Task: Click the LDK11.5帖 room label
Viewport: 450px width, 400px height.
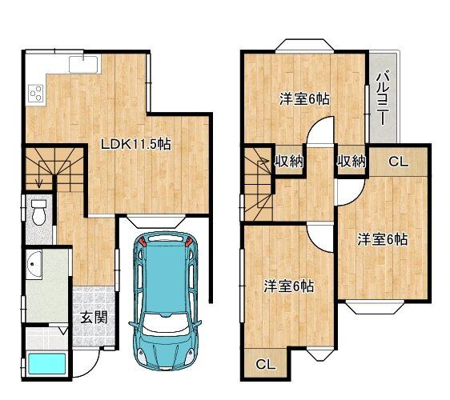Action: (x=136, y=144)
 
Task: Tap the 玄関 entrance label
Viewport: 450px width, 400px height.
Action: (x=94, y=318)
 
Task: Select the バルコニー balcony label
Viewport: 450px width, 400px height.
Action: (x=383, y=99)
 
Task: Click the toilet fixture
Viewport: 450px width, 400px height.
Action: (x=38, y=213)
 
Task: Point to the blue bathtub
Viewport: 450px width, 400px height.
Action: (x=47, y=363)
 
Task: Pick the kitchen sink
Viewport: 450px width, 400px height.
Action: (x=83, y=64)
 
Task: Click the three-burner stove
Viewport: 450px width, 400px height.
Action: (x=36, y=94)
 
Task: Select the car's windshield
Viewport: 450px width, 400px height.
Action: (x=166, y=325)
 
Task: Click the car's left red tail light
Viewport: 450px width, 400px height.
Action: (x=143, y=242)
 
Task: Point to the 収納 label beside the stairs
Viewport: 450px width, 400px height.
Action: (x=289, y=161)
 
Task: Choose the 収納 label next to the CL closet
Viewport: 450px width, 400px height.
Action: (x=352, y=161)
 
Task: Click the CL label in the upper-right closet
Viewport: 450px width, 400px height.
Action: (x=398, y=162)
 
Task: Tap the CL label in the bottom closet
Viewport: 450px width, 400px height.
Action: (x=266, y=365)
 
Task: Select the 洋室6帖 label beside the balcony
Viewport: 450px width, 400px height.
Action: (x=304, y=99)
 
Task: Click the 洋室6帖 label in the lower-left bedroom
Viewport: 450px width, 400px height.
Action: (x=289, y=286)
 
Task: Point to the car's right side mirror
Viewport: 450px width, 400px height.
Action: (x=198, y=324)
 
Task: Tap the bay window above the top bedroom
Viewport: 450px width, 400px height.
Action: (x=304, y=46)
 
